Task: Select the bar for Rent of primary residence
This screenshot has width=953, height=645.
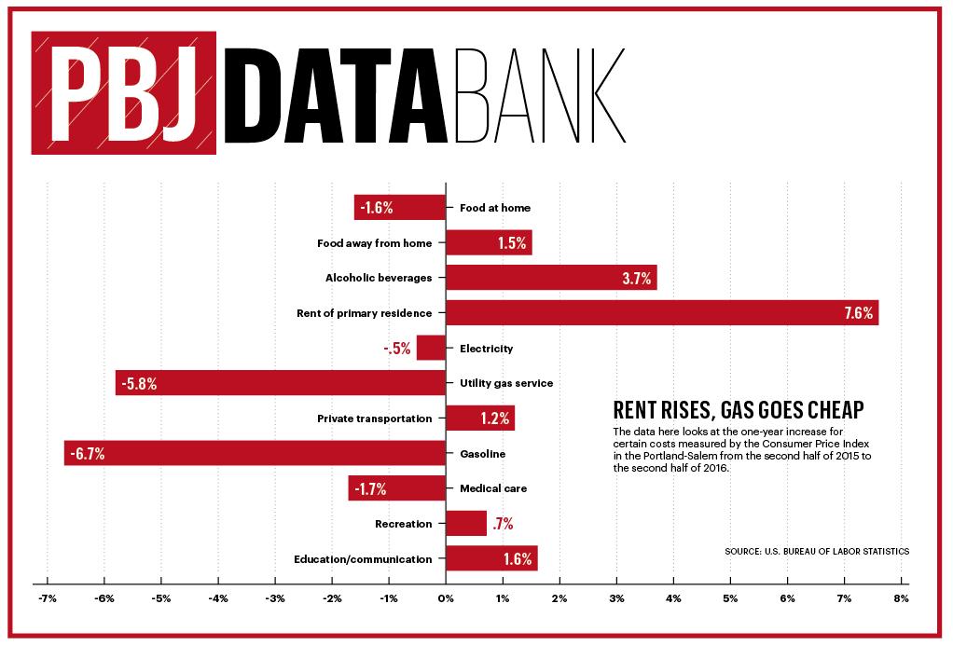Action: (662, 312)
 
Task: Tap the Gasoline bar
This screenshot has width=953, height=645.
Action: (255, 454)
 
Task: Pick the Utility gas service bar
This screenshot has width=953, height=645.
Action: (281, 383)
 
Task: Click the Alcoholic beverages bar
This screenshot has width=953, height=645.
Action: (551, 278)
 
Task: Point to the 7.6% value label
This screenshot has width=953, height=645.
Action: (858, 313)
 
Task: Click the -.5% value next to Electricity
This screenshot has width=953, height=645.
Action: (397, 349)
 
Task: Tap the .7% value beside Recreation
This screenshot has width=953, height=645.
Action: (503, 524)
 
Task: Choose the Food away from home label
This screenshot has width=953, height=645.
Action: (374, 243)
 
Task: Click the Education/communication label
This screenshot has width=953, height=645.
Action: (363, 559)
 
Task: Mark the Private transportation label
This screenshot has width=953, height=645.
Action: (374, 419)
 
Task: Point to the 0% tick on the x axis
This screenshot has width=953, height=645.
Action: (446, 597)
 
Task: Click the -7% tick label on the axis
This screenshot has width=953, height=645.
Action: (46, 597)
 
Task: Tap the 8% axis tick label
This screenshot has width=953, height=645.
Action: (901, 597)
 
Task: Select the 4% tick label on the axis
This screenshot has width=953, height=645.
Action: (673, 597)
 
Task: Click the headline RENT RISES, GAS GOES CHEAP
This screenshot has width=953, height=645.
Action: (737, 410)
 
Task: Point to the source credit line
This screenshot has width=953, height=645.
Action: (816, 551)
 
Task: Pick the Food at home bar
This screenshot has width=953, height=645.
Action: (400, 208)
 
